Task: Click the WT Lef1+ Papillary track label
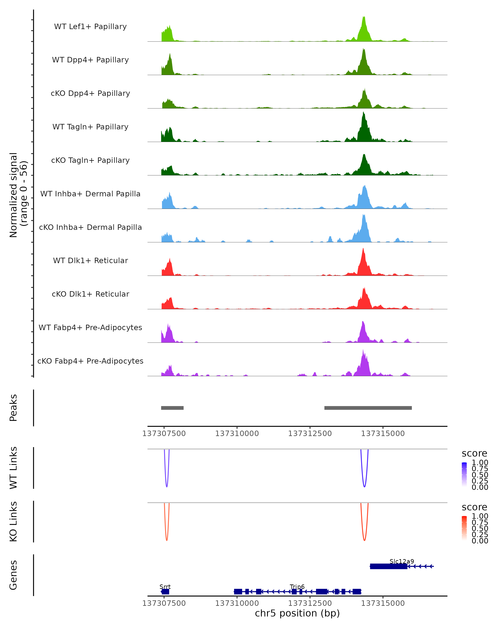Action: coord(90,27)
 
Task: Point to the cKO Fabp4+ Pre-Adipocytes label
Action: coord(90,361)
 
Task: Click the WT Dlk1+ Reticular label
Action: coord(90,260)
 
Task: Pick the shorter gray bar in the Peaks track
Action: coord(172,408)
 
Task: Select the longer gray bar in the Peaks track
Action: coord(368,408)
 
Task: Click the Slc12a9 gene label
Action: coord(402,561)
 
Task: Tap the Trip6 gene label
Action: coord(297,587)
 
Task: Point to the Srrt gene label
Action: coord(165,587)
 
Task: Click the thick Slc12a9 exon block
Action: coord(388,566)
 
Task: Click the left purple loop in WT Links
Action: coord(166,484)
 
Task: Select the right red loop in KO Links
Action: coord(364,537)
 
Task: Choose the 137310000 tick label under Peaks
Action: coord(237,434)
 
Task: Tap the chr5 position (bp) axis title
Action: coord(297,613)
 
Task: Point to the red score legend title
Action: coord(474,507)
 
